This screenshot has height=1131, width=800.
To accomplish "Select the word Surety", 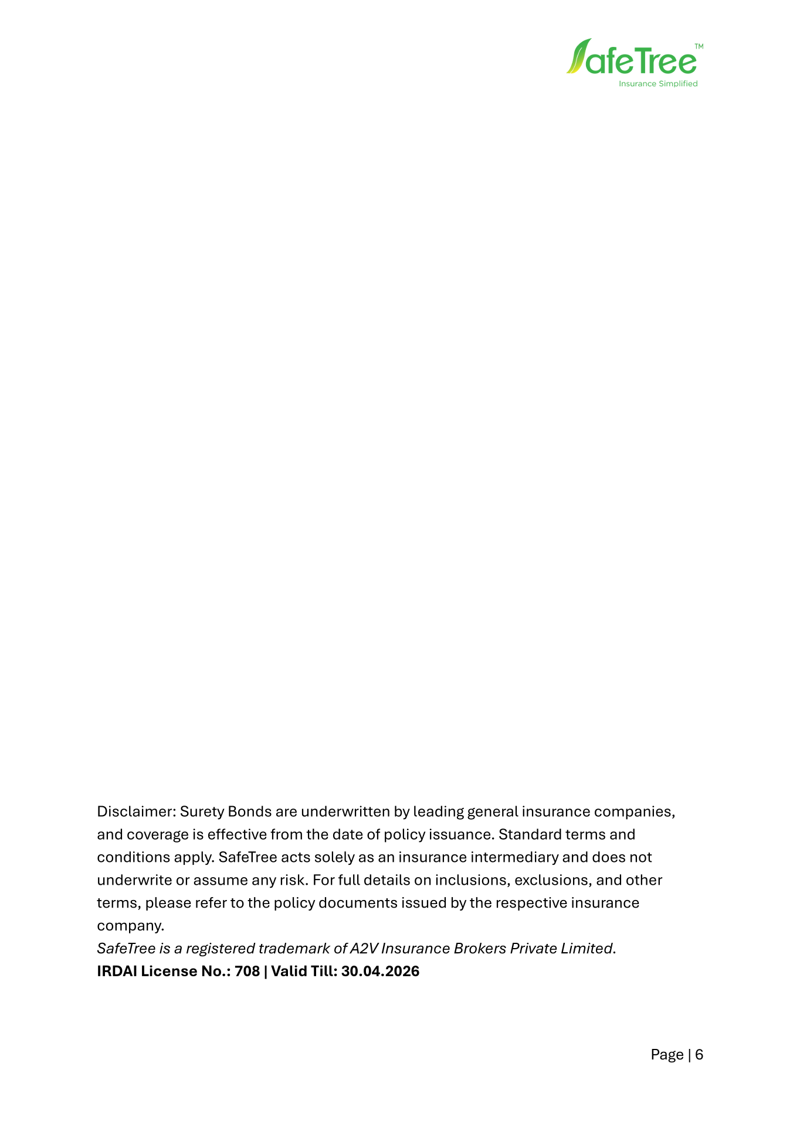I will pos(202,812).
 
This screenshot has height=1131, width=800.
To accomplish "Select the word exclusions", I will pos(550,881).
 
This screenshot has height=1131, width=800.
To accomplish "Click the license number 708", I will pos(247,972).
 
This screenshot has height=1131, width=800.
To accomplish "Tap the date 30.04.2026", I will pos(380,972).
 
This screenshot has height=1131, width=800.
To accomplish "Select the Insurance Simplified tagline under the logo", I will pos(658,84).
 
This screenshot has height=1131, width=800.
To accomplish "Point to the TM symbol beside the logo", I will pos(699,45).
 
